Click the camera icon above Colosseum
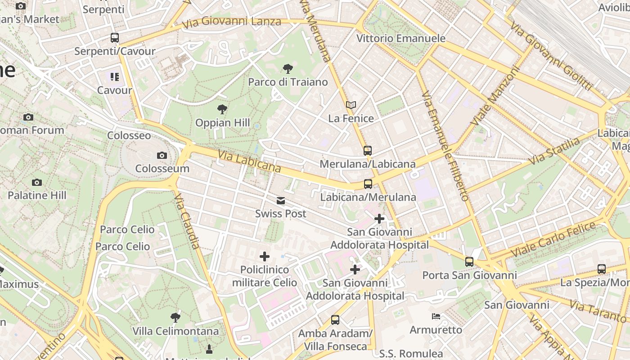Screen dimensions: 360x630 [162, 156]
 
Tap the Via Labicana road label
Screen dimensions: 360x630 [249, 162]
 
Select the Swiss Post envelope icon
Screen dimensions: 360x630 [281, 201]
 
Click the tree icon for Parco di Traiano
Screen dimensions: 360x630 [288, 69]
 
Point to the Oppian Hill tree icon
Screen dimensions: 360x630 [222, 109]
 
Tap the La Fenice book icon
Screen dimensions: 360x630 [351, 105]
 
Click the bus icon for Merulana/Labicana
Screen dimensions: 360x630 [368, 151]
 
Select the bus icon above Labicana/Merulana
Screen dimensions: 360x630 [368, 184]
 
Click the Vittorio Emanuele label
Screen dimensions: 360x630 [400, 38]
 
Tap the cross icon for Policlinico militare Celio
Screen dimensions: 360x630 [265, 256]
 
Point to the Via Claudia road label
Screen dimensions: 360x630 [187, 221]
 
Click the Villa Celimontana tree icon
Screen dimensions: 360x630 [175, 318]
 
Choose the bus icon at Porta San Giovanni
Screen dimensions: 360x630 [469, 261]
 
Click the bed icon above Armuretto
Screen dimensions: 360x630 [436, 316]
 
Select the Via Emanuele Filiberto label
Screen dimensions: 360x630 [446, 146]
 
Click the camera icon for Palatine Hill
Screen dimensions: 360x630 [37, 182]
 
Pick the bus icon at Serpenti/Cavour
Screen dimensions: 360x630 [115, 38]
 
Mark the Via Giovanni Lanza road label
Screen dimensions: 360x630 [232, 21]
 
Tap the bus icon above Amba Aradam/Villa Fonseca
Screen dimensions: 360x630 [335, 320]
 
